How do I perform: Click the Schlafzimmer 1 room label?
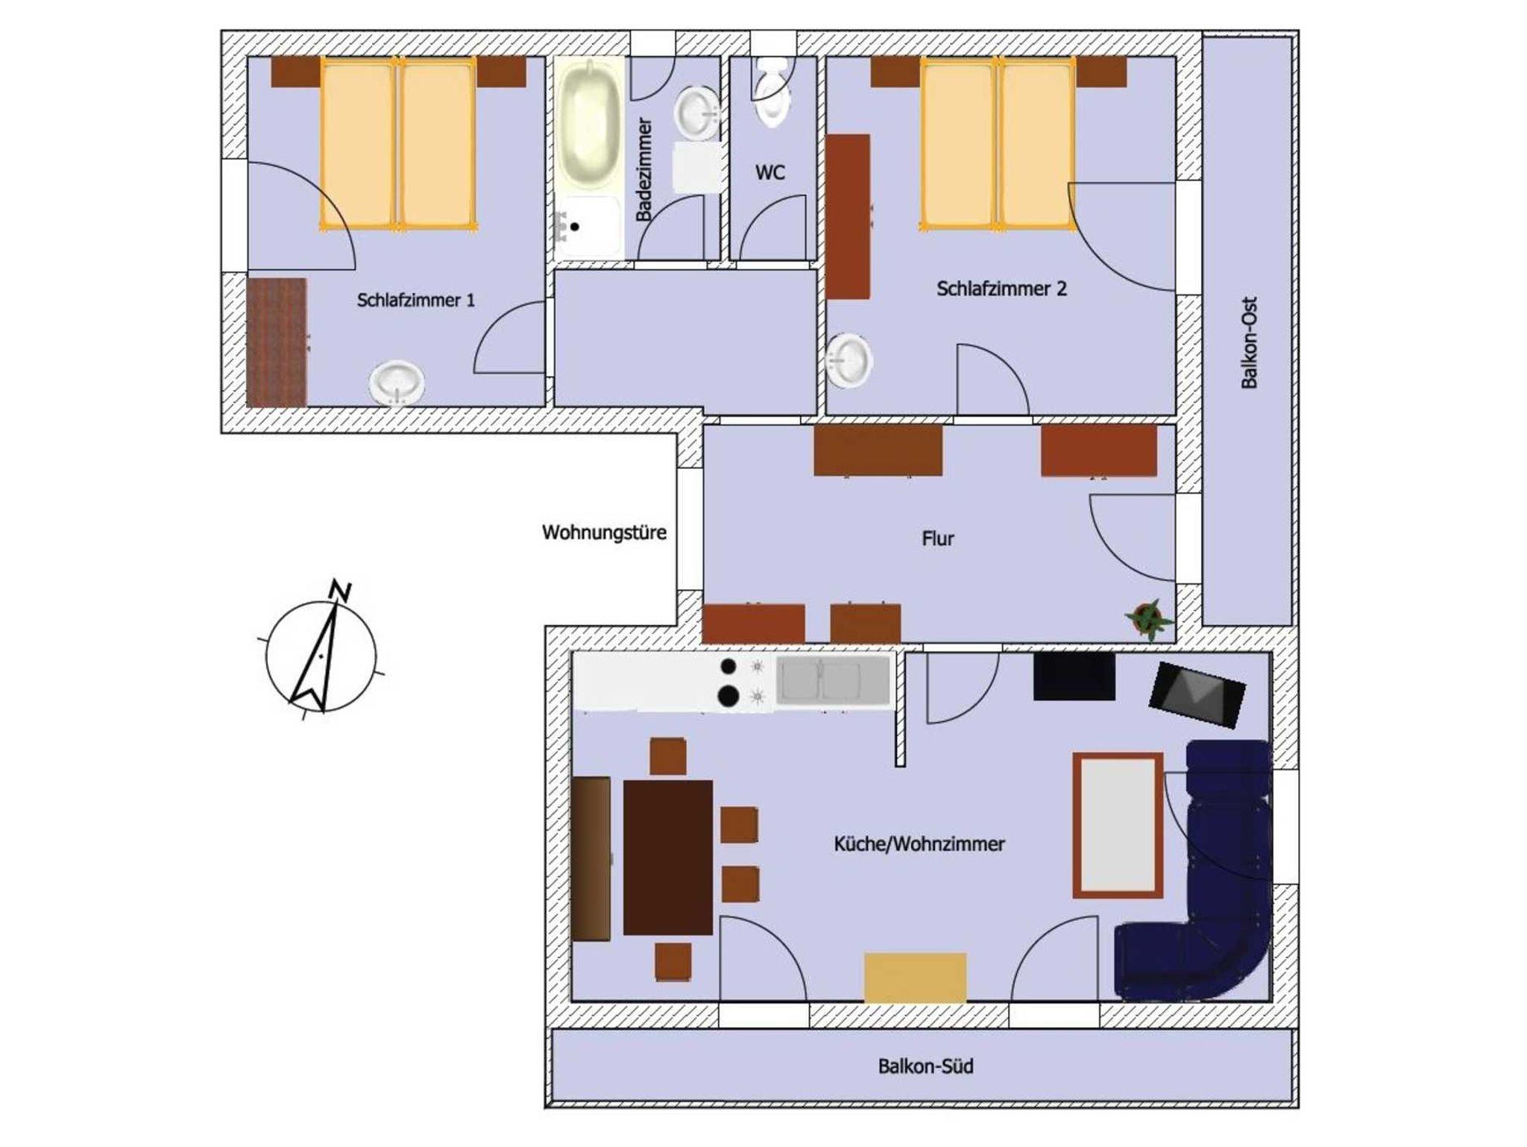(x=415, y=301)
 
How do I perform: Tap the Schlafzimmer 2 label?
(x=1001, y=289)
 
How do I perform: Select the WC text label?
(x=770, y=172)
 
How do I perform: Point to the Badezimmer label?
(x=644, y=169)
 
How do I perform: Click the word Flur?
(x=938, y=538)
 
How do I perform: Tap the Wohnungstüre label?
(x=604, y=532)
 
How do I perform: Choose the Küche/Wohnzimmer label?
(x=919, y=843)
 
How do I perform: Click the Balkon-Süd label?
(x=925, y=1066)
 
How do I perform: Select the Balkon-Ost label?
(x=1250, y=342)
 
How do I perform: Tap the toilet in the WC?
(x=771, y=92)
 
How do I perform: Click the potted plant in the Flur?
(x=1149, y=618)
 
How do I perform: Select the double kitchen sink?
(x=833, y=679)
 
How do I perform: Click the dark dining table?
(x=668, y=858)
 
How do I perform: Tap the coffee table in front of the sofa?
(x=1118, y=826)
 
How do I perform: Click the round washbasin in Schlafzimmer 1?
(x=397, y=383)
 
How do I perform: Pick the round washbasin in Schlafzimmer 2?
(x=849, y=361)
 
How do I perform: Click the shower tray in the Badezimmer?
(x=588, y=227)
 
